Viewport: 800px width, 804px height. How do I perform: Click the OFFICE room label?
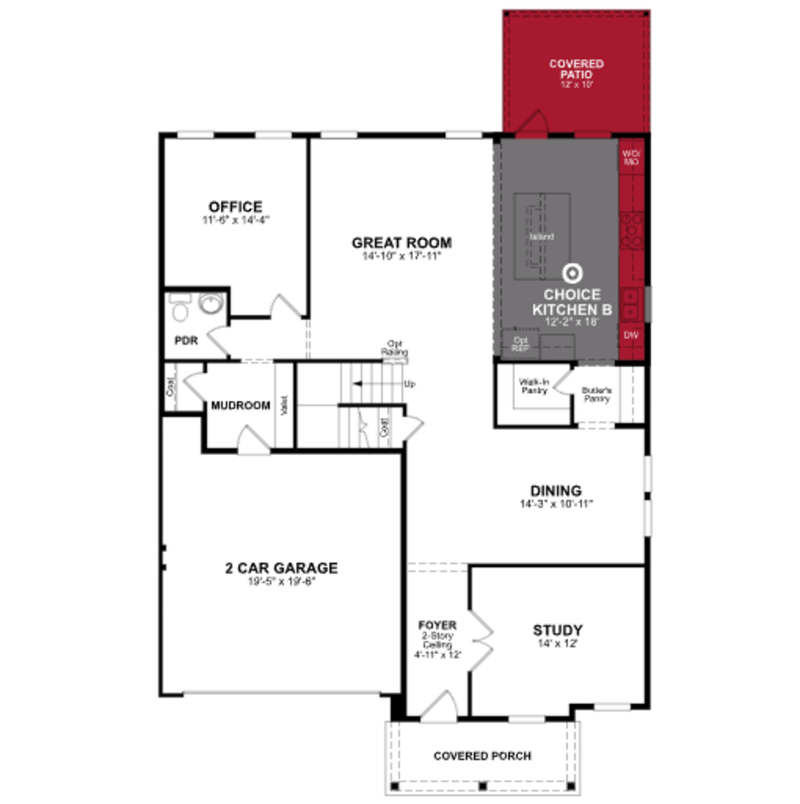tap(235, 207)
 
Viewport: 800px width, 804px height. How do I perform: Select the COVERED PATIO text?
tap(576, 69)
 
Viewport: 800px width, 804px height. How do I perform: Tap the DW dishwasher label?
tap(631, 335)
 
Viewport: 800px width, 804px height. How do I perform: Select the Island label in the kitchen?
tap(542, 237)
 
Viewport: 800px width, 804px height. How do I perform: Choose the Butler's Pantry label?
tap(596, 395)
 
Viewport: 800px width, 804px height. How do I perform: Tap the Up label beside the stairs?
tap(409, 384)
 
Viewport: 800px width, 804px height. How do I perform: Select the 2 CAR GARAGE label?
tap(281, 568)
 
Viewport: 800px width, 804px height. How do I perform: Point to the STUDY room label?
tap(558, 630)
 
